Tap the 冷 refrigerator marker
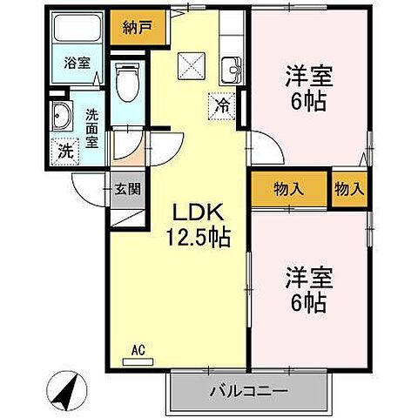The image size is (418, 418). click(222, 105)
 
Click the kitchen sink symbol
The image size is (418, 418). click(232, 69)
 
